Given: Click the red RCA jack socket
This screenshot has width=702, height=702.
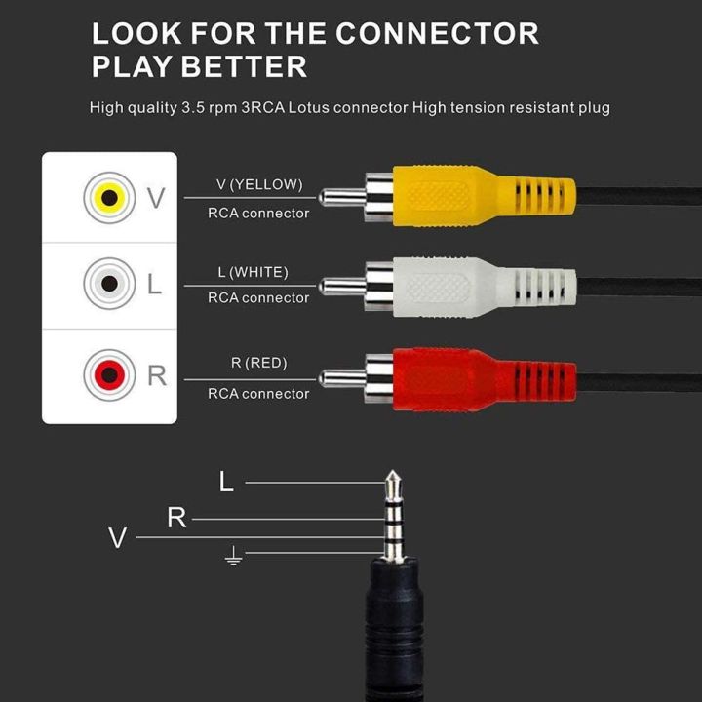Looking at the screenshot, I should tap(109, 372).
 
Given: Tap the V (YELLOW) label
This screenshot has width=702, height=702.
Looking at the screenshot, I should tap(258, 184).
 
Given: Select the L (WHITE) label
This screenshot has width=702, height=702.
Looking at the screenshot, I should tap(253, 271).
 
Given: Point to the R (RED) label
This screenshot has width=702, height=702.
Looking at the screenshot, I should tap(257, 363).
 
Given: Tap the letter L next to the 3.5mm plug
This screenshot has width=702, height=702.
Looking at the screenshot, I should tap(226, 482).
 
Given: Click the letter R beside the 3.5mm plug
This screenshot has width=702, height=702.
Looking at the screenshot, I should tap(176, 519).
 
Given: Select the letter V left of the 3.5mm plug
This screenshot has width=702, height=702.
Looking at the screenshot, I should tap(118, 538).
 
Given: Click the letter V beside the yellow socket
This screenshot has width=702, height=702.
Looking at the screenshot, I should tap(156, 199).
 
